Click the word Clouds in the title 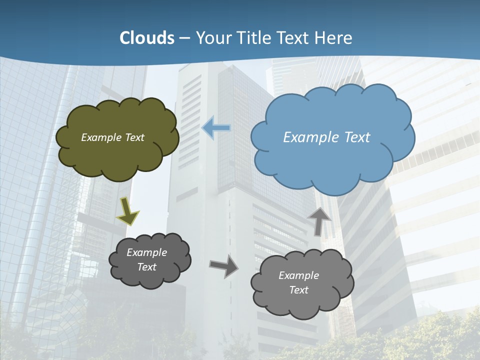(147, 38)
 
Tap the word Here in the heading (335, 38)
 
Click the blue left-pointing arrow (216, 128)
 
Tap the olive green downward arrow (128, 210)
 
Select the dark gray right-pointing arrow (224, 266)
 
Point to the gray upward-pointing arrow (319, 220)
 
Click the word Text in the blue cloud (357, 137)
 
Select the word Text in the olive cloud (134, 137)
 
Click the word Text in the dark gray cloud (147, 267)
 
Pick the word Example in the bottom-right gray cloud (298, 275)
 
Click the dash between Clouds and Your (184, 38)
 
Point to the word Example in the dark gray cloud (147, 252)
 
